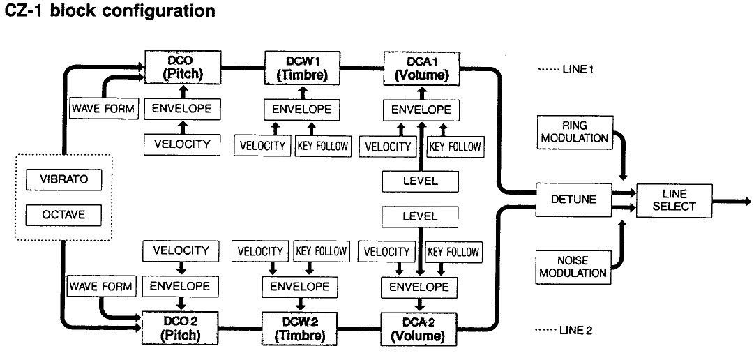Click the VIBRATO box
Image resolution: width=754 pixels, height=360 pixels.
click(x=63, y=179)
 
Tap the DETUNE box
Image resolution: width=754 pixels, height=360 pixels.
click(x=573, y=199)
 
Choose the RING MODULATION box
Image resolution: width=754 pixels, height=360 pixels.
click(x=573, y=132)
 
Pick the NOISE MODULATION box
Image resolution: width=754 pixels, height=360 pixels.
click(x=573, y=267)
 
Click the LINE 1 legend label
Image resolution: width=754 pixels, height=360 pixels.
click(x=564, y=70)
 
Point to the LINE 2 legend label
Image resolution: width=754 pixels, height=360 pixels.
click(x=565, y=329)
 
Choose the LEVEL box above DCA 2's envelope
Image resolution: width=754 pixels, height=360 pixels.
click(x=421, y=216)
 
